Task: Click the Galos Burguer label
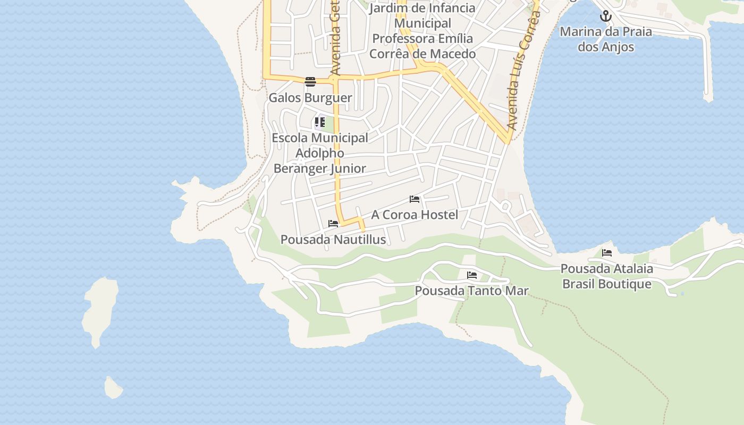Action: click(x=310, y=98)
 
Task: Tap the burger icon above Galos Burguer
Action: click(x=310, y=81)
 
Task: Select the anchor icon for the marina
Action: click(x=606, y=16)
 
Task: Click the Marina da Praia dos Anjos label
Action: click(x=606, y=39)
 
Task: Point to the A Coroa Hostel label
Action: click(x=415, y=215)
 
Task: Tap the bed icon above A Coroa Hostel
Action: click(x=415, y=199)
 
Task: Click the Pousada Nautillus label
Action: click(x=333, y=240)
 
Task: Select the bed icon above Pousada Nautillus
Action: click(x=333, y=224)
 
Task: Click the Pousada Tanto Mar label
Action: click(x=471, y=291)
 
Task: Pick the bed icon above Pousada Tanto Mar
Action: click(x=471, y=275)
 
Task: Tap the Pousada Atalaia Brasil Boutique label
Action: click(x=607, y=276)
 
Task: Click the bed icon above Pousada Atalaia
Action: click(x=607, y=253)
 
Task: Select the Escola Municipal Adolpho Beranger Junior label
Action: click(x=320, y=153)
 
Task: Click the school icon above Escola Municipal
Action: click(x=319, y=122)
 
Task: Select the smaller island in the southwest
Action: click(x=113, y=388)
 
